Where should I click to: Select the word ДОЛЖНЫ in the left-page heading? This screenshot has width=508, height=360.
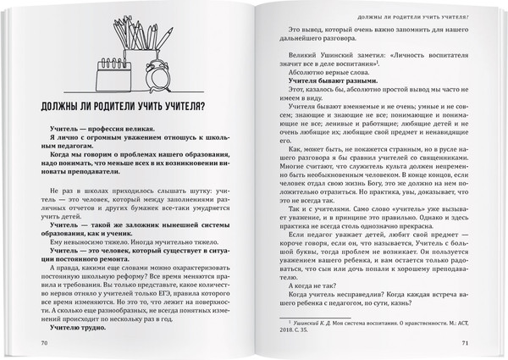point(71,105)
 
